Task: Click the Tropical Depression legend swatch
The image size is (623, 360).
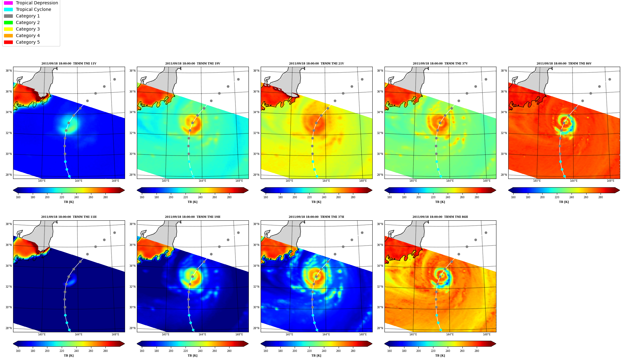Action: [8, 3]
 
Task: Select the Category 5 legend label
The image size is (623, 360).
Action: [28, 42]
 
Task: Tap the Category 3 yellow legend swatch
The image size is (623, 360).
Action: [8, 29]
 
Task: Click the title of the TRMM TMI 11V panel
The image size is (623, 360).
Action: [69, 64]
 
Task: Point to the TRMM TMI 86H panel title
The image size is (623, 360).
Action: [440, 217]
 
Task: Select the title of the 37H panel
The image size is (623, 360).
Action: [316, 217]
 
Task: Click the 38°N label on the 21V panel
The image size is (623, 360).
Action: [256, 71]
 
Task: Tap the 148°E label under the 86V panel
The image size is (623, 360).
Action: [610, 181]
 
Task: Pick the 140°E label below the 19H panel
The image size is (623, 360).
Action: [165, 334]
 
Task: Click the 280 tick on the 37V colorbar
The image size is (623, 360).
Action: [477, 197]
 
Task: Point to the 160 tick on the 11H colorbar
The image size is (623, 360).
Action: [18, 351]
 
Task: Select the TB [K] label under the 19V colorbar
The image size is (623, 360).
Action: [192, 202]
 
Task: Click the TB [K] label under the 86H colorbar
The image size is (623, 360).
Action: [440, 356]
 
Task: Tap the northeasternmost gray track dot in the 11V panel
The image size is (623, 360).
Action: [114, 79]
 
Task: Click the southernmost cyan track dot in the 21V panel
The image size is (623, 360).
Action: [317, 176]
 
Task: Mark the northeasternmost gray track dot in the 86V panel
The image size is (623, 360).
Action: [610, 79]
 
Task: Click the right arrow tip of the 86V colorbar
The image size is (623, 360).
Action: [620, 190]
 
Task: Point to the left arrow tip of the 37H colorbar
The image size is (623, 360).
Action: [261, 344]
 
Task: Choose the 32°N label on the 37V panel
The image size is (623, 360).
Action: [380, 133]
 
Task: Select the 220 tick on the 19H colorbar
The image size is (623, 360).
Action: [186, 351]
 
